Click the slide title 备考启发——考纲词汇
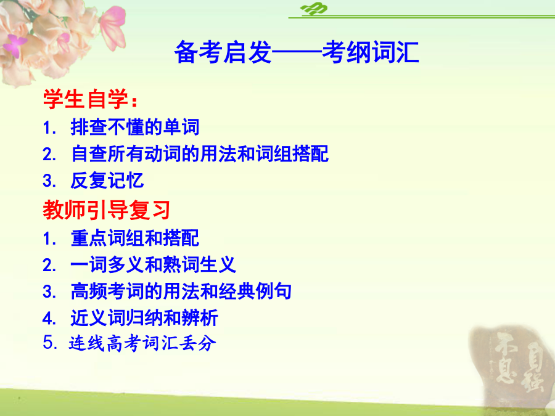pyautogui.click(x=297, y=52)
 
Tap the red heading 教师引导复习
pyautogui.click(x=107, y=210)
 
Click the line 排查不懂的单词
pyautogui.click(x=135, y=127)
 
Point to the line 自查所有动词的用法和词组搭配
pyautogui.click(x=200, y=153)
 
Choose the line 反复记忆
pyautogui.click(x=107, y=181)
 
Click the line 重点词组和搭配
pyautogui.click(x=135, y=238)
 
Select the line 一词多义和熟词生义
pyautogui.click(x=154, y=264)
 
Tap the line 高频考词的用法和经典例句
pyautogui.click(x=181, y=291)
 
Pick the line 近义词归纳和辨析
pyautogui.click(x=144, y=317)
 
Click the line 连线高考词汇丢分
pyautogui.click(x=142, y=343)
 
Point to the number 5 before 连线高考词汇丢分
pyautogui.click(x=47, y=343)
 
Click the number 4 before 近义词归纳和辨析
pyautogui.click(x=47, y=318)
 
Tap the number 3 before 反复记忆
pyautogui.click(x=47, y=181)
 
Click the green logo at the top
pyautogui.click(x=314, y=9)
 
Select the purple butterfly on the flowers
pyautogui.click(x=14, y=45)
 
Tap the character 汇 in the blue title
pyautogui.click(x=407, y=52)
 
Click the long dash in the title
pyautogui.click(x=297, y=53)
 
